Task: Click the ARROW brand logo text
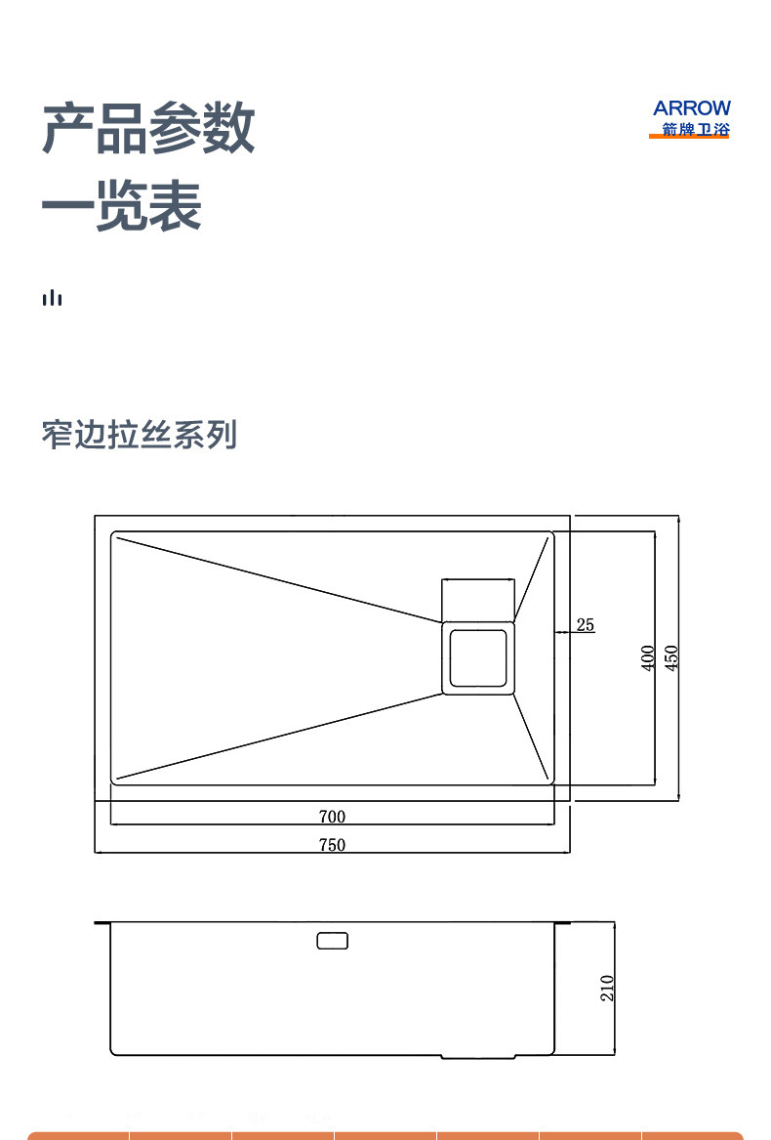(691, 108)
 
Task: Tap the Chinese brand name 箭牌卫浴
(691, 129)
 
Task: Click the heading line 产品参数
(148, 128)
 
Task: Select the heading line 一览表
(122, 206)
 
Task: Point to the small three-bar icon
(52, 297)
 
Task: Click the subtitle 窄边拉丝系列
(140, 435)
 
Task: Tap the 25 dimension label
(585, 624)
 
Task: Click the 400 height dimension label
(647, 657)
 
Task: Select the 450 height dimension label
(670, 657)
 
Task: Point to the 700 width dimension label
(332, 817)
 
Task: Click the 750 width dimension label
(332, 845)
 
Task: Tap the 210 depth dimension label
(607, 988)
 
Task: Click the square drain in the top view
(478, 657)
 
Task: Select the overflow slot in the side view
(332, 942)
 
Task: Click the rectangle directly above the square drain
(478, 599)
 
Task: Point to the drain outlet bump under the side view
(478, 1057)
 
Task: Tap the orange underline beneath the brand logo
(689, 138)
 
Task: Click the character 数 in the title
(228, 128)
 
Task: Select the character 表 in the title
(176, 206)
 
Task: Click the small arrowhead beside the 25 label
(560, 633)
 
